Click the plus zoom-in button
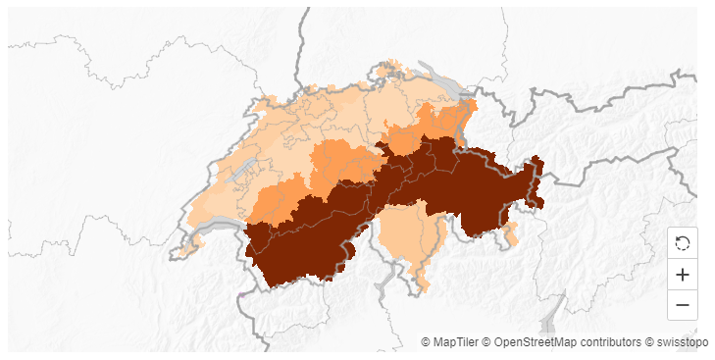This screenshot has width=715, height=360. pyautogui.click(x=683, y=275)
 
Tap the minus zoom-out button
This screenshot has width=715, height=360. pyautogui.click(x=683, y=305)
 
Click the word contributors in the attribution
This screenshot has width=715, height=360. pyautogui.click(x=612, y=342)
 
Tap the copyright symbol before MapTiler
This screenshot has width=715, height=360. pyautogui.click(x=426, y=342)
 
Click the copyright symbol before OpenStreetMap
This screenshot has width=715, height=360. pyautogui.click(x=486, y=342)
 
